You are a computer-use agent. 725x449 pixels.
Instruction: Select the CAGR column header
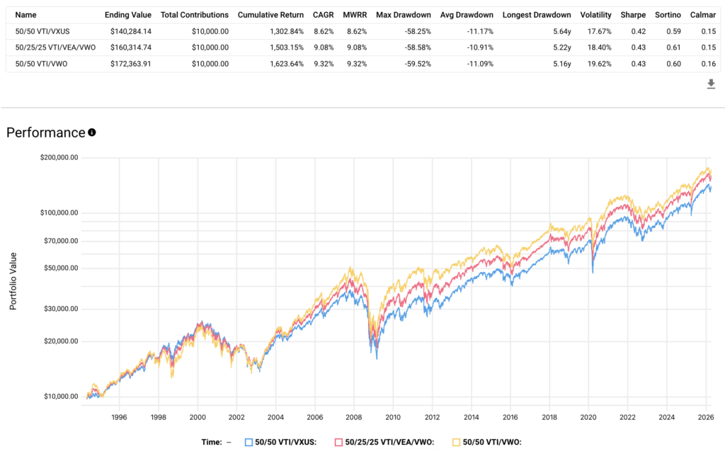pos(323,15)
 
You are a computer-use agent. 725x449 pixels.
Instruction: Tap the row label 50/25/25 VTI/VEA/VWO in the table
pos(55,45)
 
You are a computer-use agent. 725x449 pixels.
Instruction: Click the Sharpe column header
pos(632,15)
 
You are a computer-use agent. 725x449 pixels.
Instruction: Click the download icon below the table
pos(711,84)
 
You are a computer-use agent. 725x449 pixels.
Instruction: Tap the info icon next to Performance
pos(91,132)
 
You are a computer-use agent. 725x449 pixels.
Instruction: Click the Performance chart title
pos(45,132)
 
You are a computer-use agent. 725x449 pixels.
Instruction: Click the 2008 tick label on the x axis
pos(353,418)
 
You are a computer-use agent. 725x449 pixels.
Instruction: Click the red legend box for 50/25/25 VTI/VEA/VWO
pos(339,442)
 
